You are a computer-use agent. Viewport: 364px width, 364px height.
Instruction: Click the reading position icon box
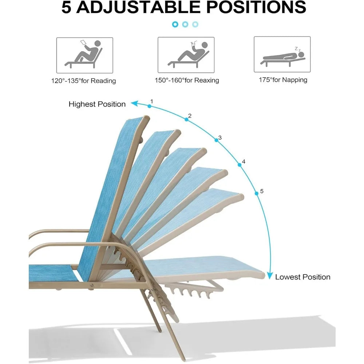coord(84,55)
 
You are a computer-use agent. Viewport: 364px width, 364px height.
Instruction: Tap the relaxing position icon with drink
coord(186,55)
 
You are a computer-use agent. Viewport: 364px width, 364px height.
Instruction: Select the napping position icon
coord(282,54)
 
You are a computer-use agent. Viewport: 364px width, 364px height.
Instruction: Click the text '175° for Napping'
coord(283,80)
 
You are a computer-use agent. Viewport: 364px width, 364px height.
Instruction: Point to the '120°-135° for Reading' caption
coord(84,81)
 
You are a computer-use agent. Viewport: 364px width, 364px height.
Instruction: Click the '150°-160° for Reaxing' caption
coord(187,80)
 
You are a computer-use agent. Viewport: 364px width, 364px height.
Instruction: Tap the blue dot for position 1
coord(150,106)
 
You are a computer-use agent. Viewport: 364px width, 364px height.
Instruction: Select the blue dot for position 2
coord(186,119)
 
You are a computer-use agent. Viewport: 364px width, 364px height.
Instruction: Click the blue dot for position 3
coord(216,140)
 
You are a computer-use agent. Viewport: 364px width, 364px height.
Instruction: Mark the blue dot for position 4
coord(240,165)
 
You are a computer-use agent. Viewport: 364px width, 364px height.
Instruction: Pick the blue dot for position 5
coord(257,193)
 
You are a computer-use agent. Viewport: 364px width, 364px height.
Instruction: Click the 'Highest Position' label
coord(97,104)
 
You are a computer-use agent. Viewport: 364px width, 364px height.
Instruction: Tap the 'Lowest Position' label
coord(303,277)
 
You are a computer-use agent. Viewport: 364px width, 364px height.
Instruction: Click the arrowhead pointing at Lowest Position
coord(270,276)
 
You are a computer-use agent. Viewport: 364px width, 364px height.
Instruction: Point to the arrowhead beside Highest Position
coord(134,103)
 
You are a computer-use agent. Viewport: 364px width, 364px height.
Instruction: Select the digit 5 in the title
coord(66,7)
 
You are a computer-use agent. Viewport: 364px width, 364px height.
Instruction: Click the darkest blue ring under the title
coord(175,24)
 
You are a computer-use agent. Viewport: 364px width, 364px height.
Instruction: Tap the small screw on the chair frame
coord(92,285)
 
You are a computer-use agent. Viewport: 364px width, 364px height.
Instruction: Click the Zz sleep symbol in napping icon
coord(298,49)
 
